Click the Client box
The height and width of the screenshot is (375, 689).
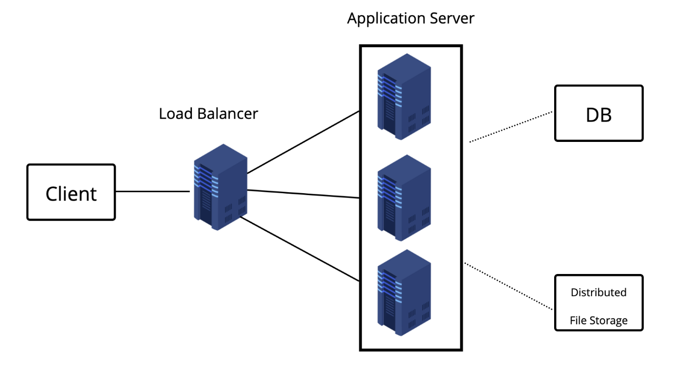(71, 192)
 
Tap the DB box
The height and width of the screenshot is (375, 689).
(599, 113)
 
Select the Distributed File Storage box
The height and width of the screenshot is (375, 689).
(599, 303)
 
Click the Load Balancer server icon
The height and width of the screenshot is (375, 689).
(220, 187)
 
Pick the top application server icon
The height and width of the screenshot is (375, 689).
(404, 97)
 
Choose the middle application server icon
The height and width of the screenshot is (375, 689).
(404, 198)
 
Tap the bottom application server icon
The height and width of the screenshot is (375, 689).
(404, 293)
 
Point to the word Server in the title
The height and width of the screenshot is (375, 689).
(452, 18)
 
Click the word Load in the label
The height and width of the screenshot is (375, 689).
(176, 114)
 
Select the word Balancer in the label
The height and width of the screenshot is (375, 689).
(227, 114)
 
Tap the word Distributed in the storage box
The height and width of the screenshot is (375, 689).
(598, 292)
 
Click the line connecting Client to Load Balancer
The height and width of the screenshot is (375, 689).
(153, 192)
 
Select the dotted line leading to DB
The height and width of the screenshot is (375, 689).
(511, 127)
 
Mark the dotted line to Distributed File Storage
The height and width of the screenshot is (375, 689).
(508, 286)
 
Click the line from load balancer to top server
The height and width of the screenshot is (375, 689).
(303, 142)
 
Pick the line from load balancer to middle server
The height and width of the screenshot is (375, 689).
(303, 194)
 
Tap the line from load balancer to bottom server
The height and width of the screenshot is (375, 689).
(300, 249)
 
